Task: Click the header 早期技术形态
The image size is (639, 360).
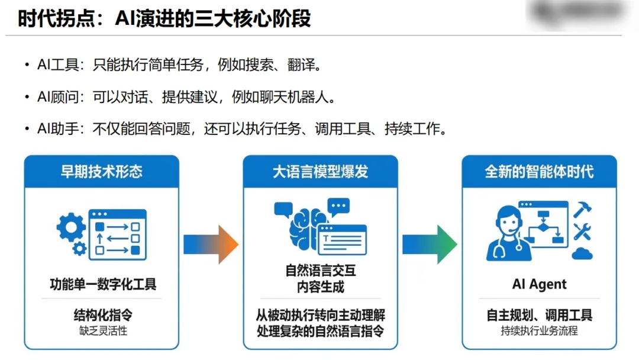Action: tap(102, 172)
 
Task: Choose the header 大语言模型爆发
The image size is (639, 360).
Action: tap(320, 172)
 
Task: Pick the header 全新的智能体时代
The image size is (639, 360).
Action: tap(539, 172)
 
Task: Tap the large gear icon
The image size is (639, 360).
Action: tap(71, 227)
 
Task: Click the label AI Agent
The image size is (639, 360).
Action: tap(539, 284)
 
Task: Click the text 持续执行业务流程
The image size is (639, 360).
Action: tap(539, 331)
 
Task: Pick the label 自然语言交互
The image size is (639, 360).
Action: tap(320, 272)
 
